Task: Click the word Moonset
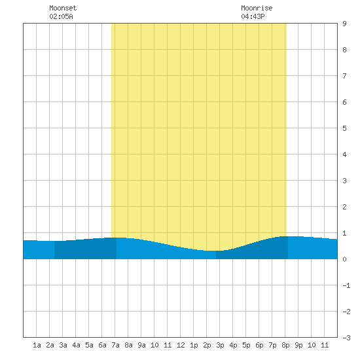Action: [x=63, y=8]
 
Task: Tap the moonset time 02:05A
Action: [x=61, y=16]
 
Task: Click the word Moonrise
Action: [x=257, y=8]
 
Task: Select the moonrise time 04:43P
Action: [x=253, y=16]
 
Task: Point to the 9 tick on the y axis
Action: [x=344, y=24]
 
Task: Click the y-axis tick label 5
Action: [x=344, y=128]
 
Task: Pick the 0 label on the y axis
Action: [x=344, y=259]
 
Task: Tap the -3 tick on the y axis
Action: [x=346, y=338]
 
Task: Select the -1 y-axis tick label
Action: [x=346, y=285]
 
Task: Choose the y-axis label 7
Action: [x=344, y=76]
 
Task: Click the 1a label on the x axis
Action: [x=37, y=345]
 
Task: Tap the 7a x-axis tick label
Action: [x=115, y=345]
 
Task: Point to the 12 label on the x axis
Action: [x=181, y=345]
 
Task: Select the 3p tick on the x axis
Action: [x=220, y=345]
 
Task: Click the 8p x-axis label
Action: [x=285, y=345]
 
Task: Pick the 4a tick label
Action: [x=76, y=345]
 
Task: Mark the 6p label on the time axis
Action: [x=259, y=345]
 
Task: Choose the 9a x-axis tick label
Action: [x=141, y=345]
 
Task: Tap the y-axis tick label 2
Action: [x=344, y=207]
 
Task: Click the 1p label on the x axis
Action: [x=194, y=345]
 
